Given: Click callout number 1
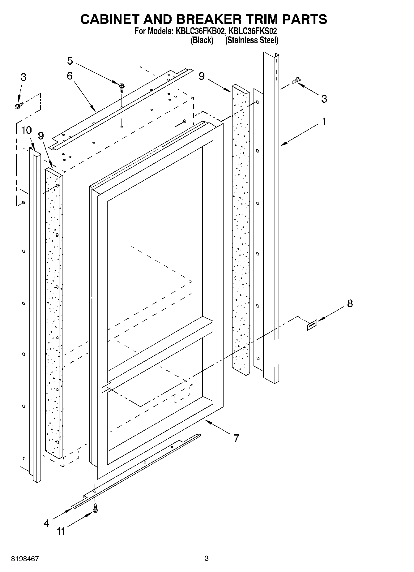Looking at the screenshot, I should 324,122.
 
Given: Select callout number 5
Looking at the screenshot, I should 70,61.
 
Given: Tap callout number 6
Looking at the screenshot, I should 70,76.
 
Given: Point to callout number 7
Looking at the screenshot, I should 236,438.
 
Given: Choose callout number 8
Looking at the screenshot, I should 350,303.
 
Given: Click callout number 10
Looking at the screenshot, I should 27,131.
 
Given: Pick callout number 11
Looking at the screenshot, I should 61,531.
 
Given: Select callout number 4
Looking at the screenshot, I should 46,523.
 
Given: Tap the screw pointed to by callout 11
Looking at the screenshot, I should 95,507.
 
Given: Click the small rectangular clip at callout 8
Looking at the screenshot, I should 312,325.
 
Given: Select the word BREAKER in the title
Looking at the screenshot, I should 203,19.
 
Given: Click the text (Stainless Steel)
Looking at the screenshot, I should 252,40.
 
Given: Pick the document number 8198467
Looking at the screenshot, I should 25,559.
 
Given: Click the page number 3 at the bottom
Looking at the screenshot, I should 207,558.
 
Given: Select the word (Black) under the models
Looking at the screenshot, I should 202,40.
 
